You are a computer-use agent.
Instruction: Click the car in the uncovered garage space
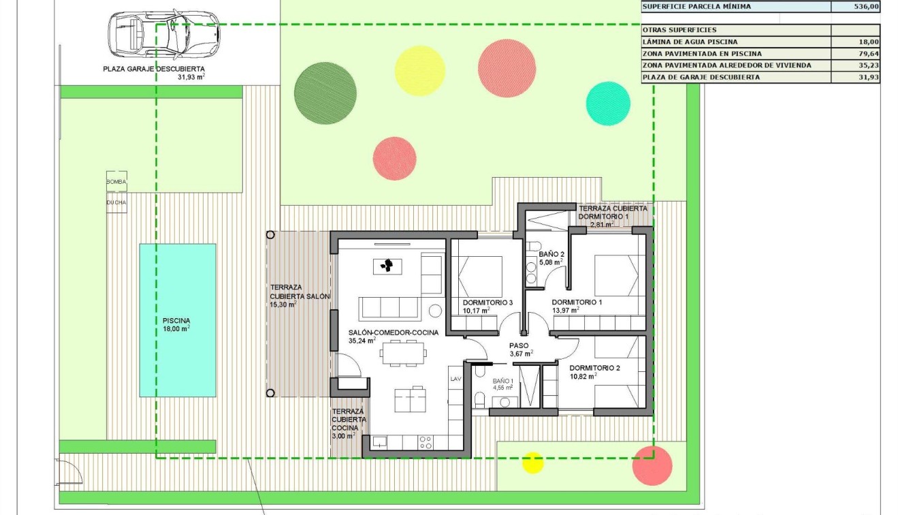pyautogui.click(x=155, y=35)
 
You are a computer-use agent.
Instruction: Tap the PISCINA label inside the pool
pyautogui.click(x=176, y=321)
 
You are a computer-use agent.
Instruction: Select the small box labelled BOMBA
pyautogui.click(x=116, y=182)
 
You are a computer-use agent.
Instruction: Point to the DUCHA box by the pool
pyautogui.click(x=116, y=202)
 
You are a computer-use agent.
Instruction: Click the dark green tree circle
pyautogui.click(x=325, y=93)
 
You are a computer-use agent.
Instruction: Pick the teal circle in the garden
pyautogui.click(x=608, y=104)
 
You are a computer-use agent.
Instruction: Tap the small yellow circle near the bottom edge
pyautogui.click(x=532, y=462)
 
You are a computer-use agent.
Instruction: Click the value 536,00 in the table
pyautogui.click(x=866, y=7)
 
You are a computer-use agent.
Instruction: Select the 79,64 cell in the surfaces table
pyautogui.click(x=866, y=53)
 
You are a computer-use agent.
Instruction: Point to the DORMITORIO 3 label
pyautogui.click(x=487, y=302)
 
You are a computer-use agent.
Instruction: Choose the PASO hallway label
pyautogui.click(x=519, y=345)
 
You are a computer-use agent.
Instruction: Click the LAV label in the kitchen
pyautogui.click(x=455, y=379)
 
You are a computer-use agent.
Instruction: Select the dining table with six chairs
pyautogui.click(x=404, y=353)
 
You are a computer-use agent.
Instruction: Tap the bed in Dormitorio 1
pyautogui.click(x=619, y=275)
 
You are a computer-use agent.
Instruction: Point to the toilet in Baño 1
pyautogui.click(x=480, y=399)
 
